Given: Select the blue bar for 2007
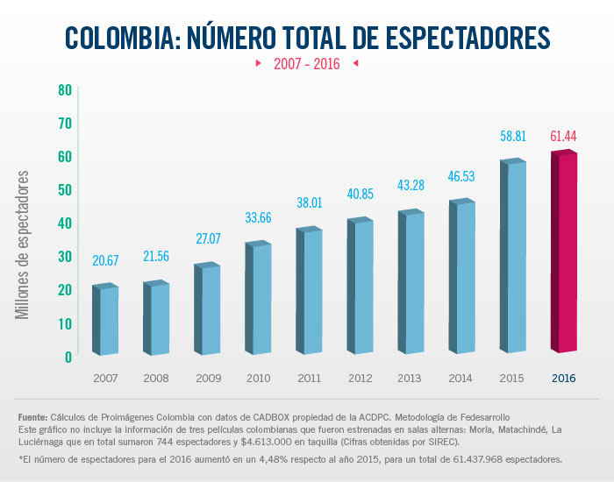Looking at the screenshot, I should coord(107,321).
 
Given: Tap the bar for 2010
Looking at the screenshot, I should coord(260,299).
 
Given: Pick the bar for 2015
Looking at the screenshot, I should coord(514,258).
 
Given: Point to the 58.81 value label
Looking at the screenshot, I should coord(513,137).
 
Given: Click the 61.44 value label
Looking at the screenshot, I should coord(563,136).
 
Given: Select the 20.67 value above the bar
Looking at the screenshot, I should coord(106,260).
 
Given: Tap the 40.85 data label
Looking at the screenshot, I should coord(361,193).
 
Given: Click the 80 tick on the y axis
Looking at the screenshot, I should coord(64,89).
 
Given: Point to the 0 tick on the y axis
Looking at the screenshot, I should coord(68,357).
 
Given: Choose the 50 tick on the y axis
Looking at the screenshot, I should coord(64,189).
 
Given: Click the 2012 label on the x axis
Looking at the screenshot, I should coord(361,378).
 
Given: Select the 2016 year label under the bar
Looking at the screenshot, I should coord(564,378).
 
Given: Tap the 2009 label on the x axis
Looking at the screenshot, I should coord(208,378).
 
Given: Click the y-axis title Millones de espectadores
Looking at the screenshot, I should coord(24,245).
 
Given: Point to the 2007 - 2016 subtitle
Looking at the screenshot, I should coord(307,64).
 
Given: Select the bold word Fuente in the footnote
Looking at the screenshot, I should coord(33,416).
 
